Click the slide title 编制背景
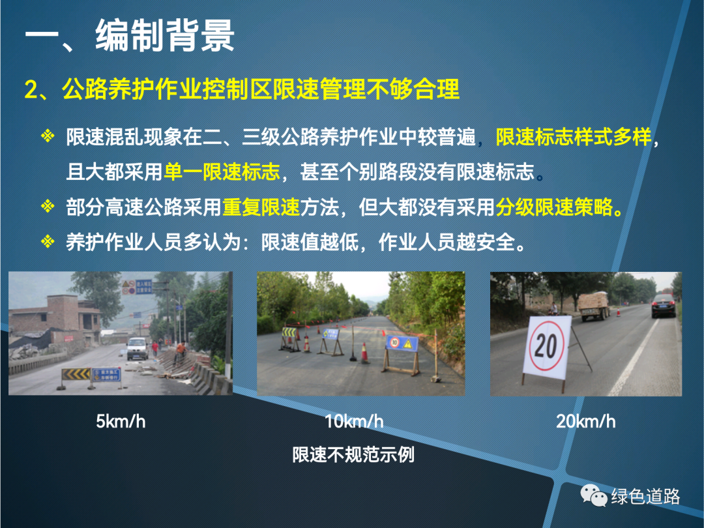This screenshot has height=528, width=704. click(x=165, y=36)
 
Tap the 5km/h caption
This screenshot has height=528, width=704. click(x=121, y=422)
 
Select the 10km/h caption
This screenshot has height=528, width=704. click(x=354, y=422)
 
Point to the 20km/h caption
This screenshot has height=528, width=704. click(x=586, y=422)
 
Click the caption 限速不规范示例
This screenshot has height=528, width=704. click(x=353, y=455)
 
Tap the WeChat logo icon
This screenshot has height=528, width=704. click(x=594, y=495)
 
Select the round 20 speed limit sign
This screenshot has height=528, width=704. click(x=546, y=345)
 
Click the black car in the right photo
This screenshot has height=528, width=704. click(x=664, y=305)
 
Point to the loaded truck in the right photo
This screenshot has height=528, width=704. click(x=594, y=306)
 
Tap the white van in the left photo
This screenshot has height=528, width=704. click(x=138, y=348)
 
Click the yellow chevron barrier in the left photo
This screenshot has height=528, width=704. click(x=76, y=374)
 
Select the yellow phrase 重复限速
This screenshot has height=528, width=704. click(x=261, y=207)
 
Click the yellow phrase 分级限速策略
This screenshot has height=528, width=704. click(x=559, y=207)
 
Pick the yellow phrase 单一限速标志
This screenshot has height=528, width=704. click(x=222, y=172)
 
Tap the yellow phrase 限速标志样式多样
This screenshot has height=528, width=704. click(x=574, y=137)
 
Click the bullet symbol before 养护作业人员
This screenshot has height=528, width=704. click(x=48, y=242)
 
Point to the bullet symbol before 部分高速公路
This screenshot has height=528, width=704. click(x=48, y=207)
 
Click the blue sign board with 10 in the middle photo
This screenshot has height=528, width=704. click(x=402, y=344)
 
